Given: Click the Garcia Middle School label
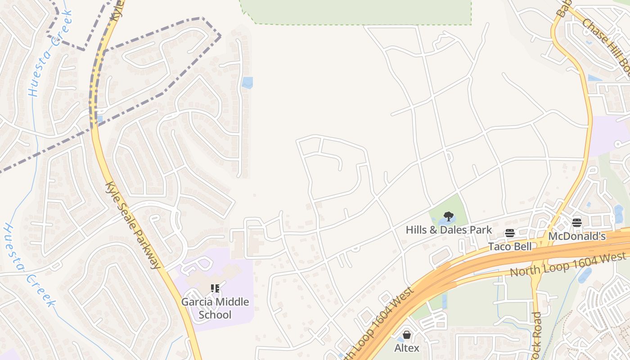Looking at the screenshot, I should click(x=215, y=308).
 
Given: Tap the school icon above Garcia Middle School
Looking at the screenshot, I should click(x=215, y=288).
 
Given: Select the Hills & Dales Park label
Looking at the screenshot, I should click(x=449, y=230).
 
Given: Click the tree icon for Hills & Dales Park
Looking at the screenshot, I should click(x=448, y=216).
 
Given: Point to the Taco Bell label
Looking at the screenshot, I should click(x=510, y=247).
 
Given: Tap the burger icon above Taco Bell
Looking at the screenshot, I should click(x=509, y=233).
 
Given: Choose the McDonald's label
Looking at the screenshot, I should click(x=577, y=236).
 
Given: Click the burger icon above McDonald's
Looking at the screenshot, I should click(x=577, y=222).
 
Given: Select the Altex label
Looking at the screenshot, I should click(x=407, y=348).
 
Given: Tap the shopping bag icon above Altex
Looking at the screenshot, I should click(x=407, y=335).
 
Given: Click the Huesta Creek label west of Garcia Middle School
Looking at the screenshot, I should click(x=29, y=265).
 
